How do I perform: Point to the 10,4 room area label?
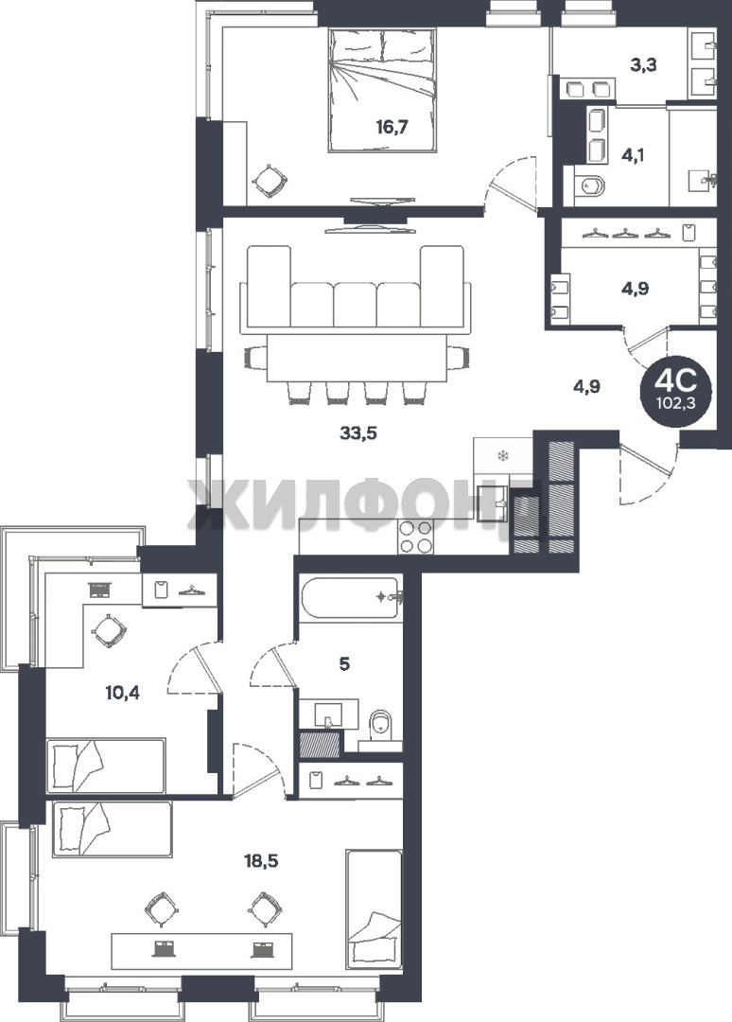click(122, 692)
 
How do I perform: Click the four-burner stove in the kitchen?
click(415, 537)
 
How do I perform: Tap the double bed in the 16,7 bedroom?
click(382, 90)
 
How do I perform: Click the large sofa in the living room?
click(355, 286)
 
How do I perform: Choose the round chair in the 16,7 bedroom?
click(270, 179)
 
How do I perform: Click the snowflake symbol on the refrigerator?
click(502, 455)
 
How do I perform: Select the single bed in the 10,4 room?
click(106, 766)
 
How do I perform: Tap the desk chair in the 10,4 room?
click(108, 630)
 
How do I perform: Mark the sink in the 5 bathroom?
click(329, 715)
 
